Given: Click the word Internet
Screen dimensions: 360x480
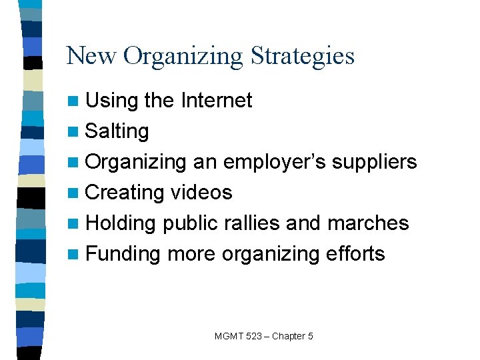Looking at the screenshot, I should [x=216, y=101].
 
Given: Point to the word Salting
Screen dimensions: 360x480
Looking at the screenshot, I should [x=117, y=131].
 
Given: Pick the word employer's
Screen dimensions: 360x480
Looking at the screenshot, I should [x=275, y=162].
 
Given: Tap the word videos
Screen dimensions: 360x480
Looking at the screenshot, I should [x=201, y=193].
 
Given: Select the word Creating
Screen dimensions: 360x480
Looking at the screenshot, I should [x=125, y=193].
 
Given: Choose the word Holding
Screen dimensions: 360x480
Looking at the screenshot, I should [x=121, y=223].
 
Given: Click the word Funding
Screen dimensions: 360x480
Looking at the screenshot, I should [x=123, y=254].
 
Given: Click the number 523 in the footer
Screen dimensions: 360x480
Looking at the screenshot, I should [x=253, y=336].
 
